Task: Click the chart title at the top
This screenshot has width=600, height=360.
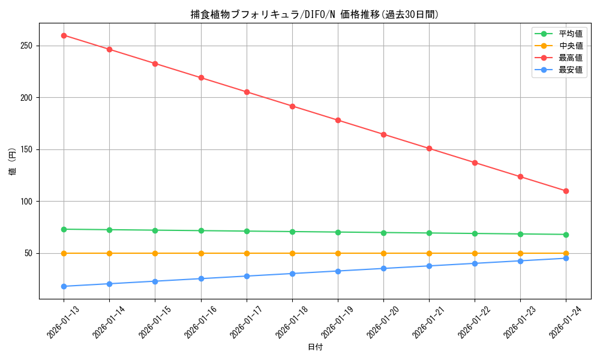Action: [x=314, y=14]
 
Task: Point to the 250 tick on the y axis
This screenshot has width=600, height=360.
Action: [x=28, y=46]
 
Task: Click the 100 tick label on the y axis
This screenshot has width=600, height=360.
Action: [x=28, y=202]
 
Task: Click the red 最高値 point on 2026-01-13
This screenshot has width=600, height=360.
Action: [x=64, y=35]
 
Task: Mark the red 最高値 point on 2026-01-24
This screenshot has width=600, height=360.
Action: [x=566, y=191]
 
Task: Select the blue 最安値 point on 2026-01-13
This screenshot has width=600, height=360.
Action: [x=64, y=286]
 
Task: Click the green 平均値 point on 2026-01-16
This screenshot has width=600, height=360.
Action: [x=201, y=230]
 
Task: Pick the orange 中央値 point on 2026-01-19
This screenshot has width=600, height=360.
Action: [x=338, y=253]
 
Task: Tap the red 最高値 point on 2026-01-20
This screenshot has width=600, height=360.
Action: [x=383, y=134]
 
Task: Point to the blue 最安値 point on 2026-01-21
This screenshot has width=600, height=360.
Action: [x=429, y=266]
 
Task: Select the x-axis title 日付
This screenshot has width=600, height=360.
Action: [x=314, y=347]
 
